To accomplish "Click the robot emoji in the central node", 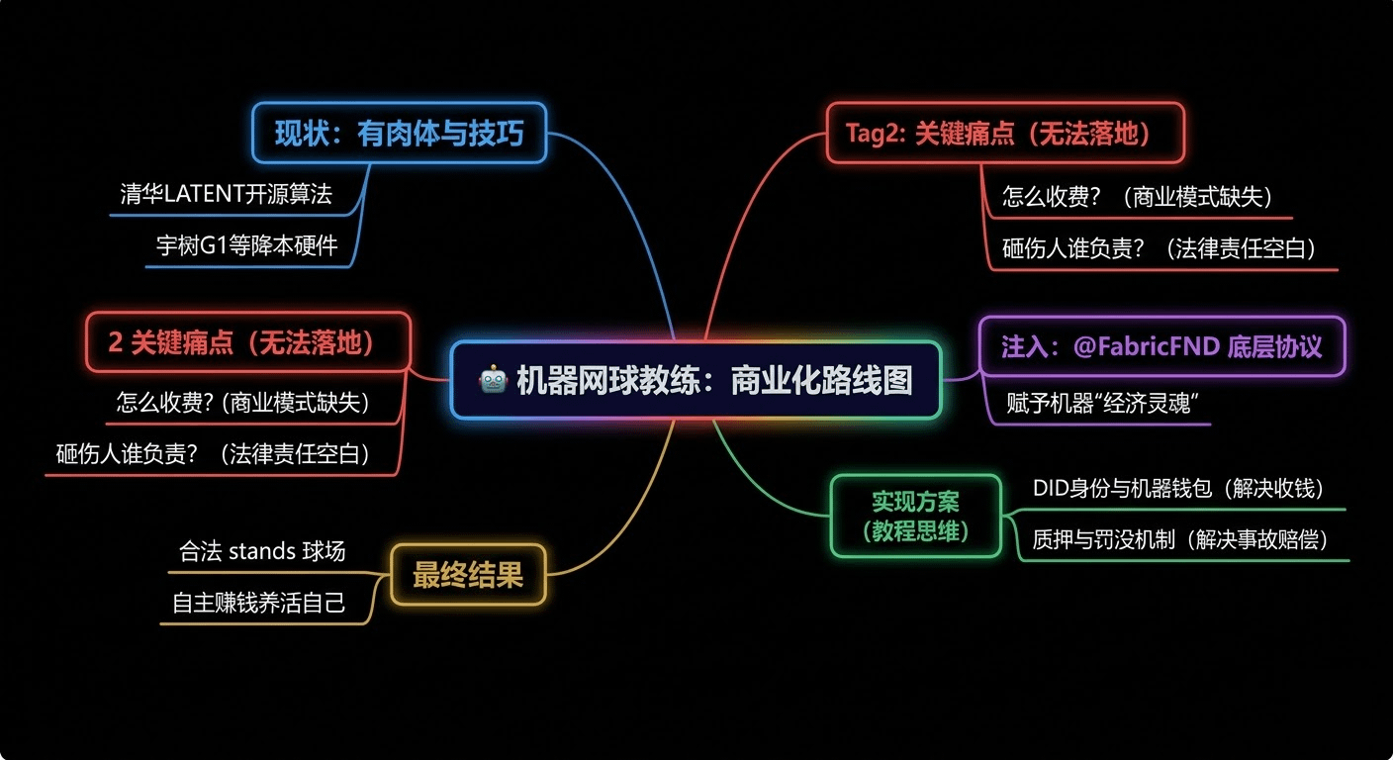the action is [x=492, y=381].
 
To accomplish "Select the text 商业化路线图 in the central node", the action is [x=822, y=381].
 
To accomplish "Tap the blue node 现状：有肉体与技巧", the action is [x=399, y=134].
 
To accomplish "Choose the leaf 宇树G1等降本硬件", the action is [x=246, y=245].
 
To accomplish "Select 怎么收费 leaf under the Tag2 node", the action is [x=1137, y=196].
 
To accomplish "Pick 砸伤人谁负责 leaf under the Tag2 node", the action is [x=1160, y=248].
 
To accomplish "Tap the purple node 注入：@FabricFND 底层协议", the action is [x=1161, y=346].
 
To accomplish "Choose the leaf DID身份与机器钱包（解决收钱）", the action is [x=1178, y=488].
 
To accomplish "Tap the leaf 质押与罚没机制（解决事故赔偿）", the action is [x=1180, y=539].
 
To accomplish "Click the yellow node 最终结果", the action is [x=468, y=575].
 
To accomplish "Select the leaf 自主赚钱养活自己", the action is [x=258, y=603].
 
